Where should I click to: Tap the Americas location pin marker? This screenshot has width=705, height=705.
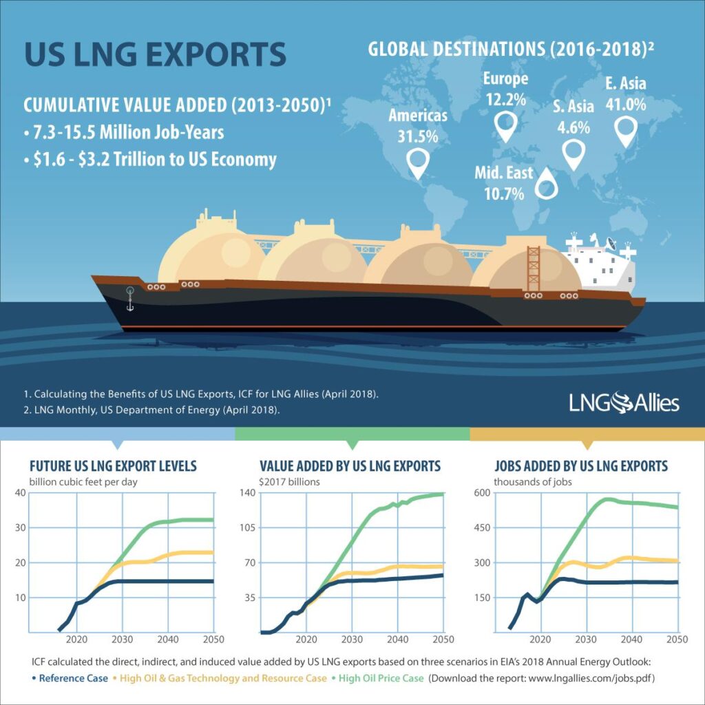pos(418,162)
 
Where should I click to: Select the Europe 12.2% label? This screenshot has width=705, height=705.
pos(505,87)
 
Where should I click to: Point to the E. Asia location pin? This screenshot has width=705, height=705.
pos(625,131)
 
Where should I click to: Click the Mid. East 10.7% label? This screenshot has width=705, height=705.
pos(503,182)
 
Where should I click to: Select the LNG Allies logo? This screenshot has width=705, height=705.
pos(624,402)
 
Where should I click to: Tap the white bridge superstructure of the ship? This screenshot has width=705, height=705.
pos(598,265)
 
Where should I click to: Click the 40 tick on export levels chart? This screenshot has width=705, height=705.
pos(18,492)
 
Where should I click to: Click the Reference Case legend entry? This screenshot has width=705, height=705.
pos(72,678)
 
